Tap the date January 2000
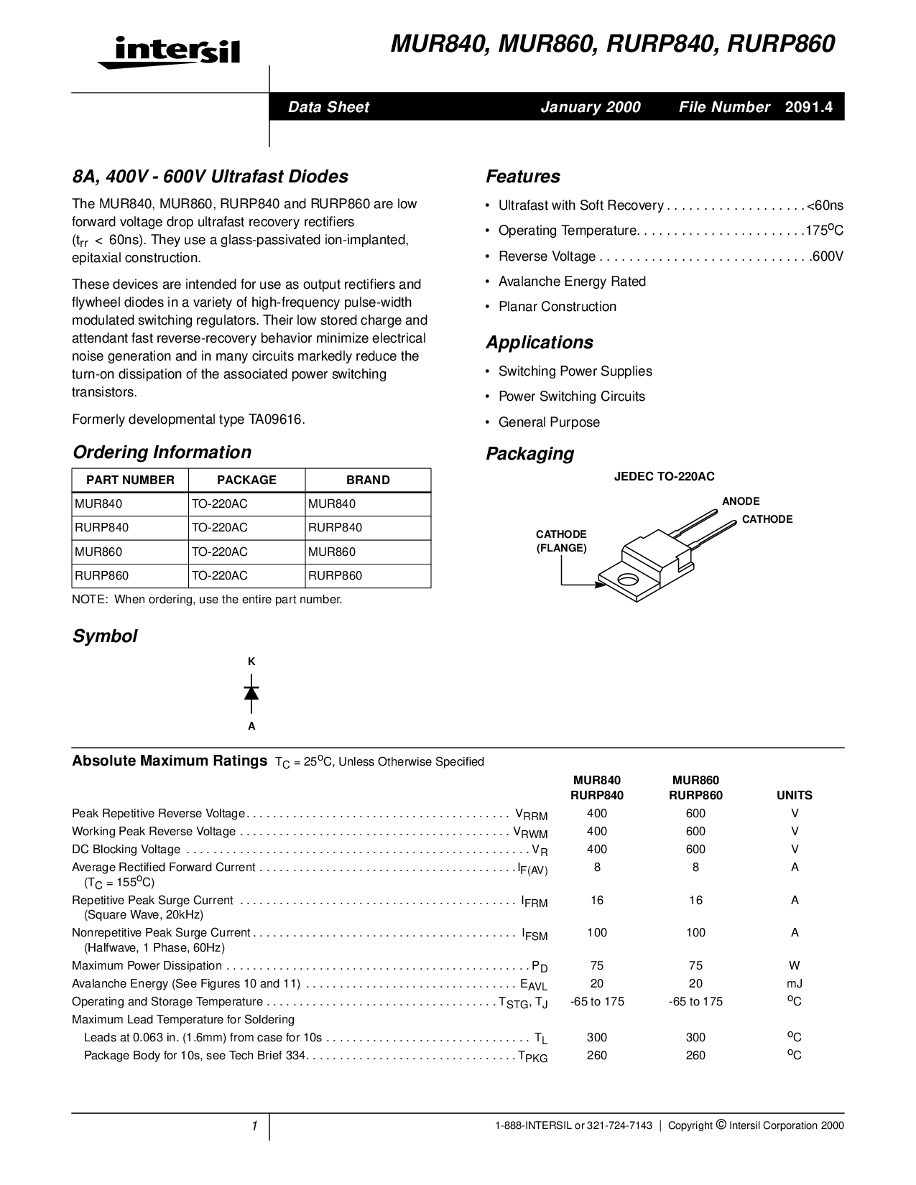point(590,107)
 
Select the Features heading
point(523,177)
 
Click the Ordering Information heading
point(162,452)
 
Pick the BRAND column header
point(368,480)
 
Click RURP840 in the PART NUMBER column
point(102,527)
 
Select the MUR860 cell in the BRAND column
point(332,552)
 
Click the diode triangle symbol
point(251,693)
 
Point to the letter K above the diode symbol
point(251,661)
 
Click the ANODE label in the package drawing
point(740,501)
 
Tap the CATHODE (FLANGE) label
point(561,541)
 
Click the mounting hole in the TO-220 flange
point(628,579)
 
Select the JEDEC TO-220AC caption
point(664,476)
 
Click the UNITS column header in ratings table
point(794,795)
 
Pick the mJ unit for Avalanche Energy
point(795,983)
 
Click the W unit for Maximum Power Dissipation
point(795,965)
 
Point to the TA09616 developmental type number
point(274,419)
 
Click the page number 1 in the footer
point(254,1126)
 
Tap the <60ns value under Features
point(825,205)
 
